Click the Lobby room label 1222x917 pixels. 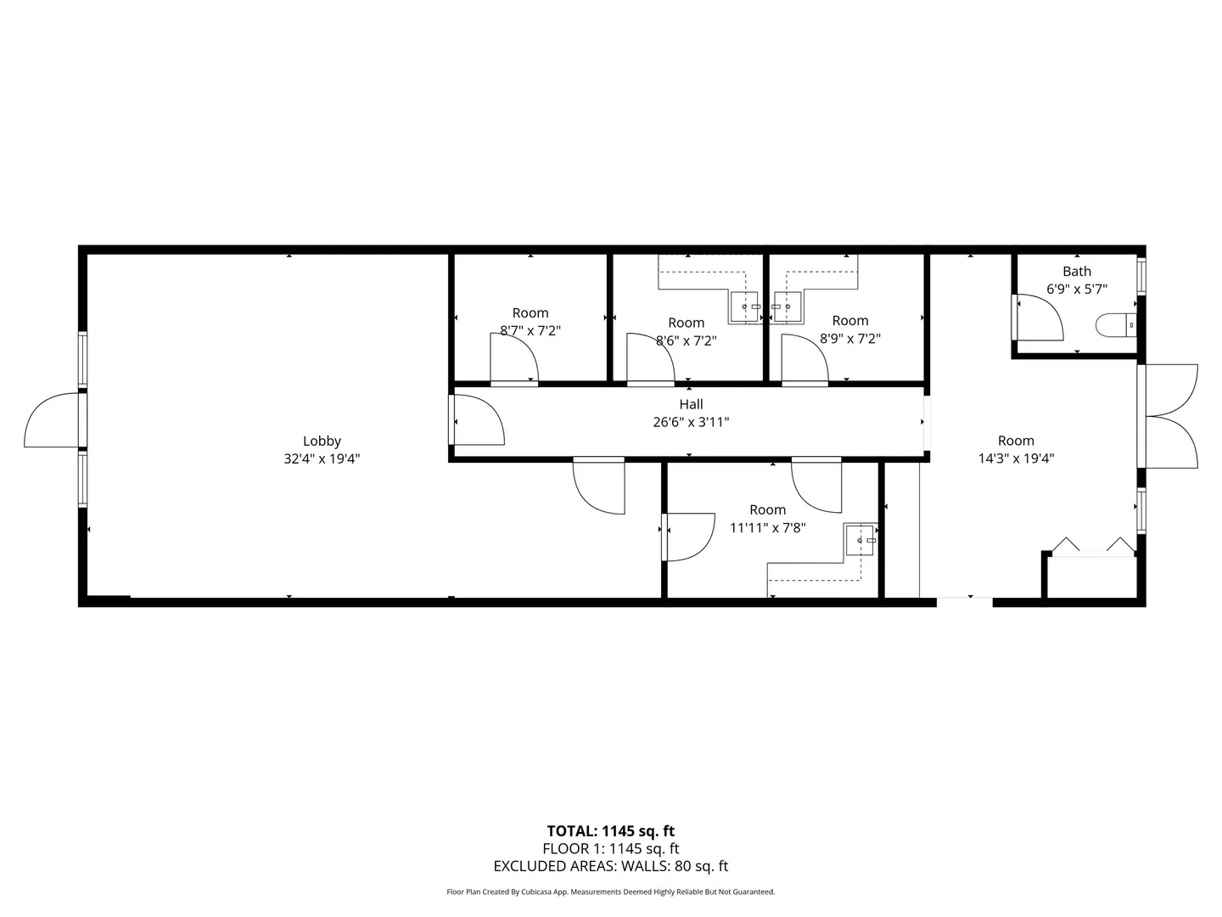(x=322, y=441)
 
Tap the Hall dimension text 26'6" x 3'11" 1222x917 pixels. (x=690, y=422)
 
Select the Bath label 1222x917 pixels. (x=1076, y=271)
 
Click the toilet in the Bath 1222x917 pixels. (x=1115, y=325)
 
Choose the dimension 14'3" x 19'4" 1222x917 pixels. (x=1016, y=458)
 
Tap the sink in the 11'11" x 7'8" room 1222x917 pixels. (x=860, y=539)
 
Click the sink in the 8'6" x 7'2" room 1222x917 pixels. (x=744, y=307)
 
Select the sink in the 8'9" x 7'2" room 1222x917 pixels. (x=788, y=307)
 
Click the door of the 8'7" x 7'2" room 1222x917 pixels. (x=513, y=358)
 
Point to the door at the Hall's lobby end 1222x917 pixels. (x=478, y=419)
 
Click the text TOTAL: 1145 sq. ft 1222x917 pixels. (x=610, y=831)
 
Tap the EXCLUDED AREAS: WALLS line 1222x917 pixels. (x=610, y=866)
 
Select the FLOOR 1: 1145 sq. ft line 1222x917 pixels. (x=610, y=848)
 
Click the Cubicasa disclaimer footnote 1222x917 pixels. (x=610, y=892)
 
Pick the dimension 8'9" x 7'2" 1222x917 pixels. (x=849, y=339)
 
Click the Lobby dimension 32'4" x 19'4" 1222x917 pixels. (x=322, y=458)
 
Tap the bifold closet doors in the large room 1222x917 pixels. (x=1093, y=545)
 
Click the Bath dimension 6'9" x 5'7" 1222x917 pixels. (x=1076, y=289)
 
